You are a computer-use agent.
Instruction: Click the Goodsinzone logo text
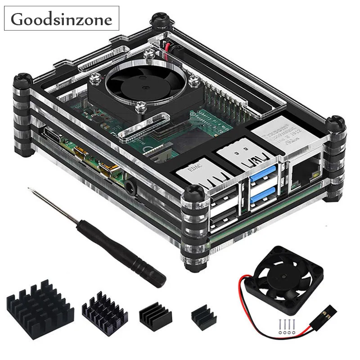[x=62, y=19]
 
